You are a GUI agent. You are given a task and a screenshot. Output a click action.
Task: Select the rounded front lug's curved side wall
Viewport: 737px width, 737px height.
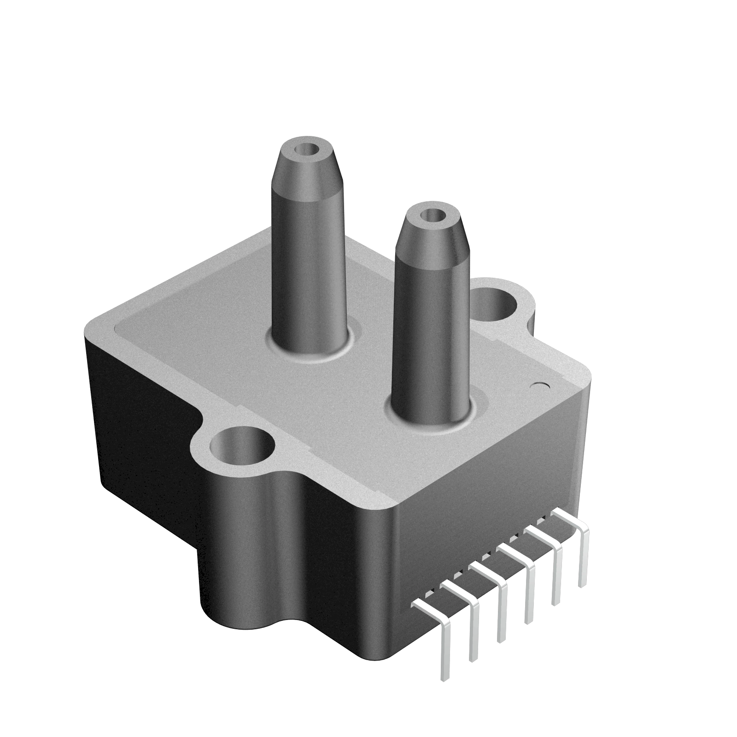tap(244, 553)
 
